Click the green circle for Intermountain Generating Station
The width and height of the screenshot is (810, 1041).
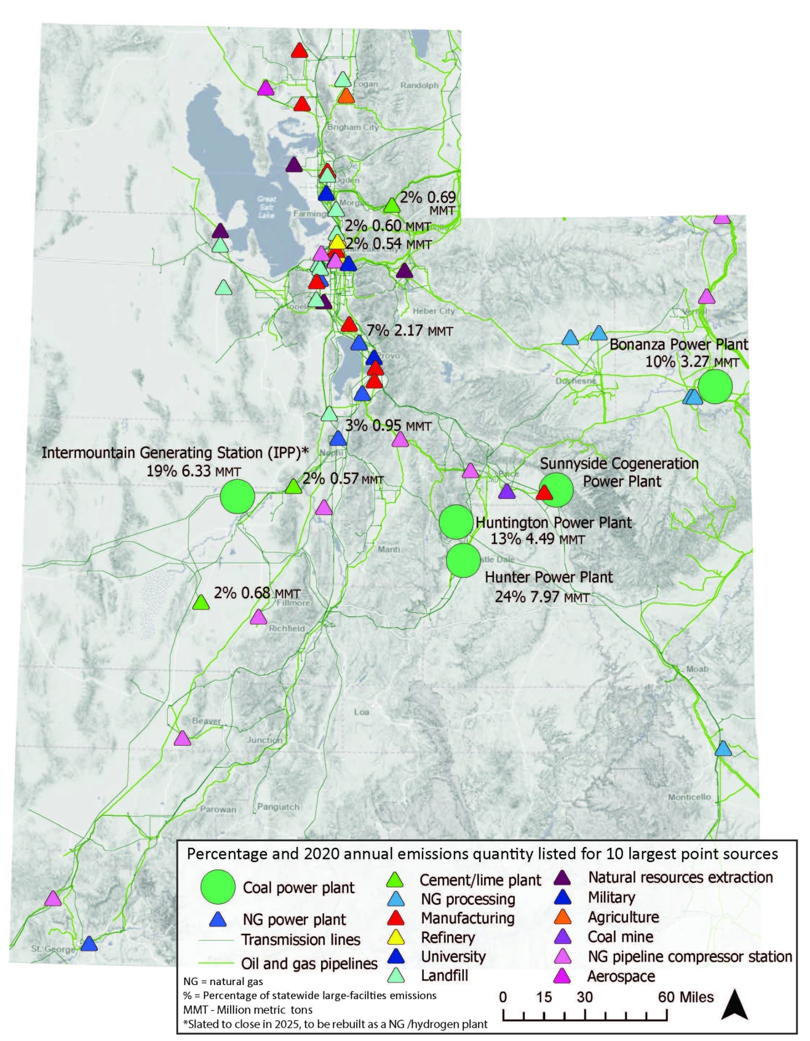click(x=237, y=497)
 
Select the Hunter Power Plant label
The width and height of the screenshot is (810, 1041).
click(x=549, y=577)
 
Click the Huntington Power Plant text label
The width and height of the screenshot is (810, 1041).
click(x=554, y=523)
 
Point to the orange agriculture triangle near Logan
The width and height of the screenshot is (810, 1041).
click(x=346, y=96)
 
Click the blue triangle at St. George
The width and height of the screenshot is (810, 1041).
click(x=89, y=943)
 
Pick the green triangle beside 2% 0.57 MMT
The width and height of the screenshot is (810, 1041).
click(x=293, y=486)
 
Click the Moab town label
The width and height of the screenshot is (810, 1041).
click(x=697, y=669)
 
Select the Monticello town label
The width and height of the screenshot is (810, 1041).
click(x=689, y=797)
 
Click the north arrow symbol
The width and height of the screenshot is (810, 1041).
click(x=734, y=1005)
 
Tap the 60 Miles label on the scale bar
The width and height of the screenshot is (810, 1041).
click(x=686, y=997)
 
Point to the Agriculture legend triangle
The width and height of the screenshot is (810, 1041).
click(x=564, y=917)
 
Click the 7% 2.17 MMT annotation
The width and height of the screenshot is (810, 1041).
click(x=410, y=330)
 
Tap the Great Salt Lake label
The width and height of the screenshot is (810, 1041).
click(x=266, y=207)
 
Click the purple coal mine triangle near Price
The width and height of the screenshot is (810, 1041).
click(x=506, y=492)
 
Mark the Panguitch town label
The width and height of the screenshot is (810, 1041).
click(x=278, y=807)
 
